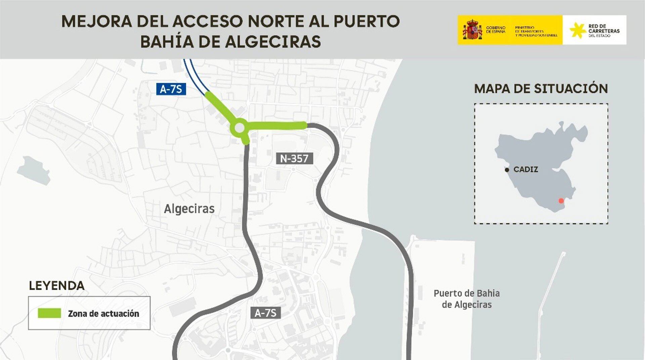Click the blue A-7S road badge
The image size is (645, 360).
[171, 89]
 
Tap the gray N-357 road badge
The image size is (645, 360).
[294, 159]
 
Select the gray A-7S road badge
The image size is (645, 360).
[265, 313]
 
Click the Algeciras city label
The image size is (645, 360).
[189, 209]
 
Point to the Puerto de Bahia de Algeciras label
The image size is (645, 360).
[467, 299]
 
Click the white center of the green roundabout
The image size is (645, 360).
[240, 128]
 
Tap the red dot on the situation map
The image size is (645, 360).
[561, 201]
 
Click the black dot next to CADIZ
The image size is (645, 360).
[507, 170]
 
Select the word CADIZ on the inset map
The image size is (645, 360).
[526, 169]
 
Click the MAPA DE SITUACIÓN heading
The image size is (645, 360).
[541, 89]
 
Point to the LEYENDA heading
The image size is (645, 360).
[56, 286]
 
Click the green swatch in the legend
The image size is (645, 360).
[49, 313]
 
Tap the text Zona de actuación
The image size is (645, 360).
[103, 314]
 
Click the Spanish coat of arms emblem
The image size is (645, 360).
[472, 30]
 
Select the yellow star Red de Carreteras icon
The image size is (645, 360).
[577, 30]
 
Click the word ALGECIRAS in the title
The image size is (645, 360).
[273, 42]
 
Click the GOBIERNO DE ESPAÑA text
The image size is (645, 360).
[496, 30]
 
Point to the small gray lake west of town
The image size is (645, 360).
[34, 170]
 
